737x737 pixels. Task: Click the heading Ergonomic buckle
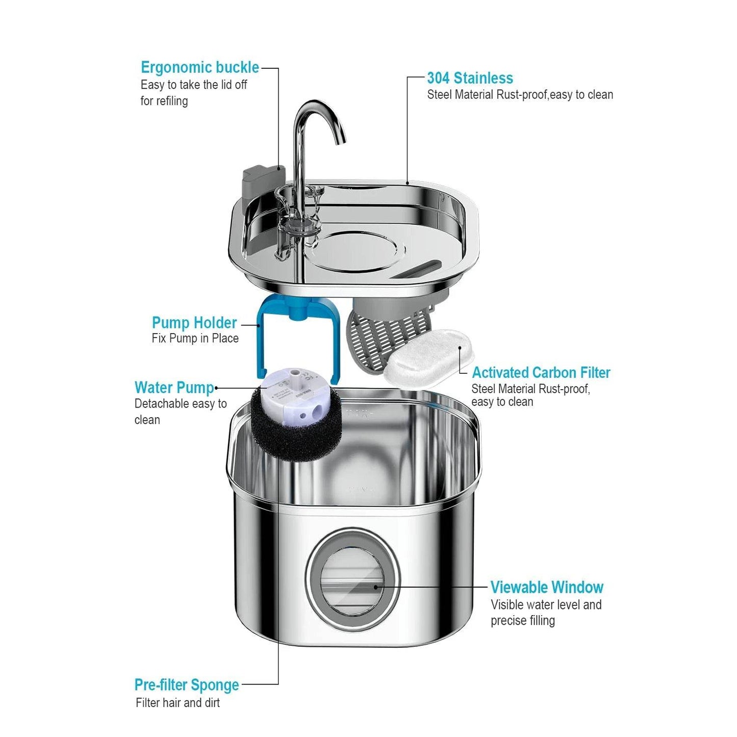(199, 67)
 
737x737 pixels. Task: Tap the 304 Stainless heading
(470, 78)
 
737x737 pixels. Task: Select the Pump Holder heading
(194, 322)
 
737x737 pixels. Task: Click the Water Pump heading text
(174, 387)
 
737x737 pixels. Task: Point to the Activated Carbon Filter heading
(541, 372)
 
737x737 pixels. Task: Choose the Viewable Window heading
(547, 587)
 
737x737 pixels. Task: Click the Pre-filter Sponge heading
(187, 684)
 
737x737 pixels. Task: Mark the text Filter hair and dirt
(177, 702)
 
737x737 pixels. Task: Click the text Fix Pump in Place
(195, 338)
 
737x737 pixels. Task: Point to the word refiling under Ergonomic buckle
(171, 101)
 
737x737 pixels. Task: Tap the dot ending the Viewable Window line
(376, 587)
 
